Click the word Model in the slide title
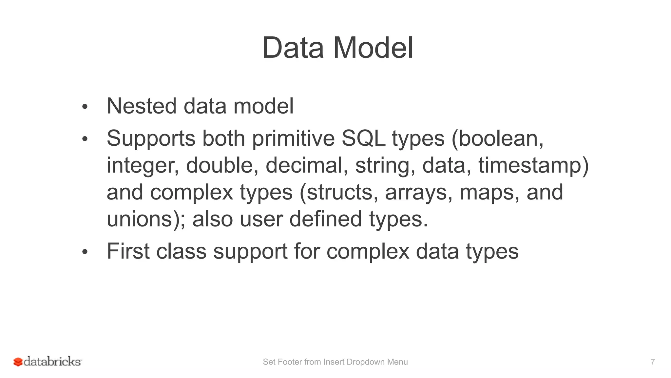[x=373, y=48]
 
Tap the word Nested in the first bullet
[x=142, y=106]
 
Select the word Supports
[x=151, y=139]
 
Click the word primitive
[x=293, y=139]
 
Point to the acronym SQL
[x=363, y=139]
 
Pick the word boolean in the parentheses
[x=498, y=139]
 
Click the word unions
[x=139, y=219]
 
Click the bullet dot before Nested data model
[x=85, y=107]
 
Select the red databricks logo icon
[x=18, y=362]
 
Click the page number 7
[x=652, y=362]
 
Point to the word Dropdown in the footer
[x=365, y=362]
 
